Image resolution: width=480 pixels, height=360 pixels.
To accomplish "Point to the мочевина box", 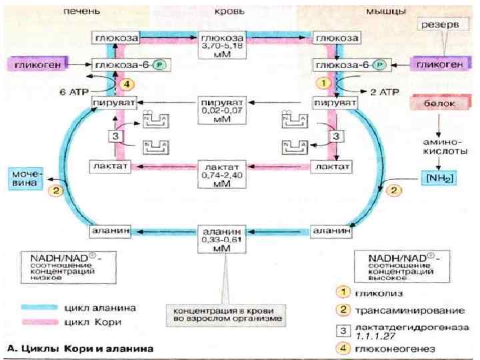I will [25, 179].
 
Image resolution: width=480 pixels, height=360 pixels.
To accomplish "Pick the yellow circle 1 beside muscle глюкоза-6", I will [323, 84].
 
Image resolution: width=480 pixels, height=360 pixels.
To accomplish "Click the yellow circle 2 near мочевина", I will [57, 190].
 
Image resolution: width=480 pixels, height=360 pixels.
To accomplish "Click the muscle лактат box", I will [333, 165].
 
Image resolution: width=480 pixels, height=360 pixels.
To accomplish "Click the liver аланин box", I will [109, 231].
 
